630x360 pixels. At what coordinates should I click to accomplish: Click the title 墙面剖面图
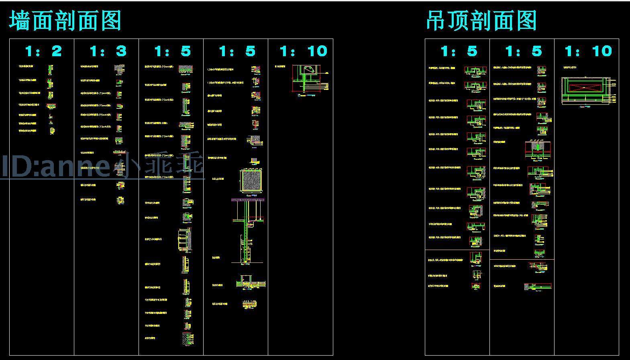65,21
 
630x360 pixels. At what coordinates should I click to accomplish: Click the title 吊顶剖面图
481,21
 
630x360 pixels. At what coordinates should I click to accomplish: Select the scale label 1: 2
43,51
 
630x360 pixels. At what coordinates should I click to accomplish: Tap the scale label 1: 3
108,51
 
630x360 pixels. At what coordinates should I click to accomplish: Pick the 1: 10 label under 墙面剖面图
304,51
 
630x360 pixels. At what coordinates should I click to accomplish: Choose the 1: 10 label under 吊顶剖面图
588,51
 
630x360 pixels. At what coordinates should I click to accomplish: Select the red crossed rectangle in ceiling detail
587,87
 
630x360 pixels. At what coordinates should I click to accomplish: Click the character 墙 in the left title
20,21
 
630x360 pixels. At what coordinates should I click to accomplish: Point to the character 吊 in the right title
436,21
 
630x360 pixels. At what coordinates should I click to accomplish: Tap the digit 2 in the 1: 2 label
56,51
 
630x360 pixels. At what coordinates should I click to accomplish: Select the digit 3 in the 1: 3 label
121,51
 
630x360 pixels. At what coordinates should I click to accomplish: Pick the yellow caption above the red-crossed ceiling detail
570,68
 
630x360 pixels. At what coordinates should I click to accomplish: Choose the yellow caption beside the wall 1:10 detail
280,67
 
